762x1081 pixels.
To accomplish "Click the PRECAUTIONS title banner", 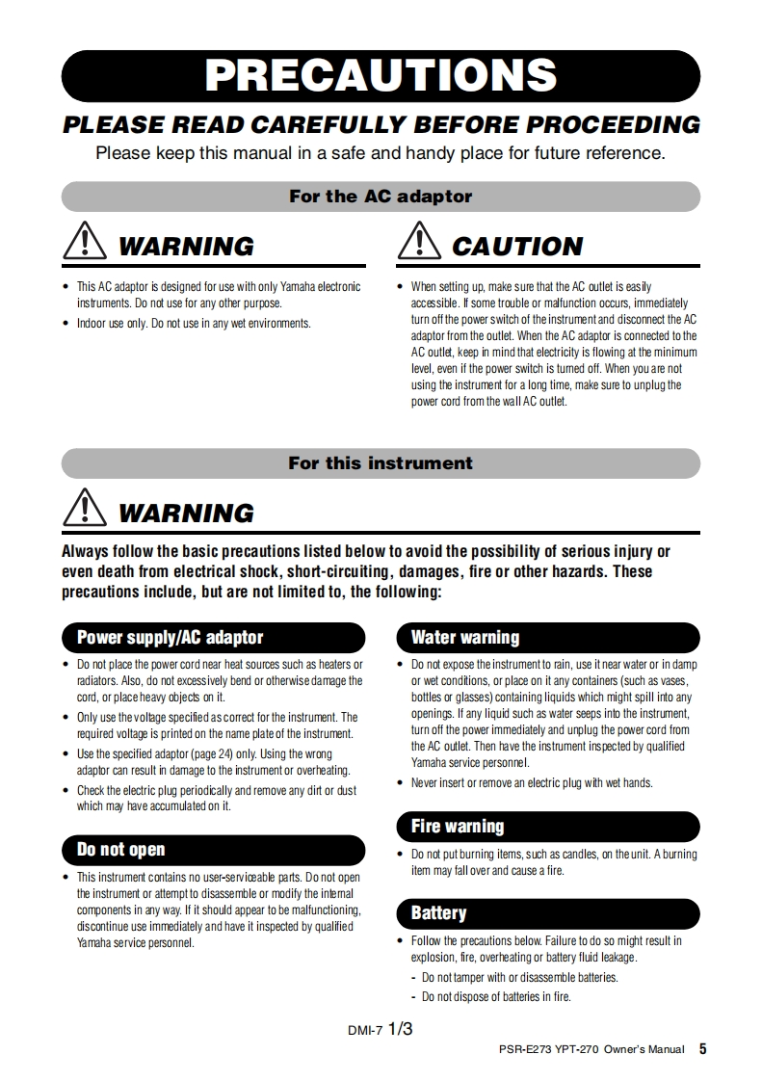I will point(381,76).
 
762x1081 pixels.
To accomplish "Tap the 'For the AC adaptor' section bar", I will point(381,197).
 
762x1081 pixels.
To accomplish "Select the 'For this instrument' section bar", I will point(381,463).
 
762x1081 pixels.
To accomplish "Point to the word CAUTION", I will point(517,247).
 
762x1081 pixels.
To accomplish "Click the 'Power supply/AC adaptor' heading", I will point(170,637).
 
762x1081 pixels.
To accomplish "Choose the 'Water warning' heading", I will point(464,637).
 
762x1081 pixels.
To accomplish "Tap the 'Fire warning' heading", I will point(457,826).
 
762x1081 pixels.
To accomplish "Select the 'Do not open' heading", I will point(120,849).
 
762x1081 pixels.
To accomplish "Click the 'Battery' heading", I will point(438,912).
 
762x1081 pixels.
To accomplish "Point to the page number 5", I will point(703,1049).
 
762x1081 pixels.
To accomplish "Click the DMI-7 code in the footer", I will point(365,1030).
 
